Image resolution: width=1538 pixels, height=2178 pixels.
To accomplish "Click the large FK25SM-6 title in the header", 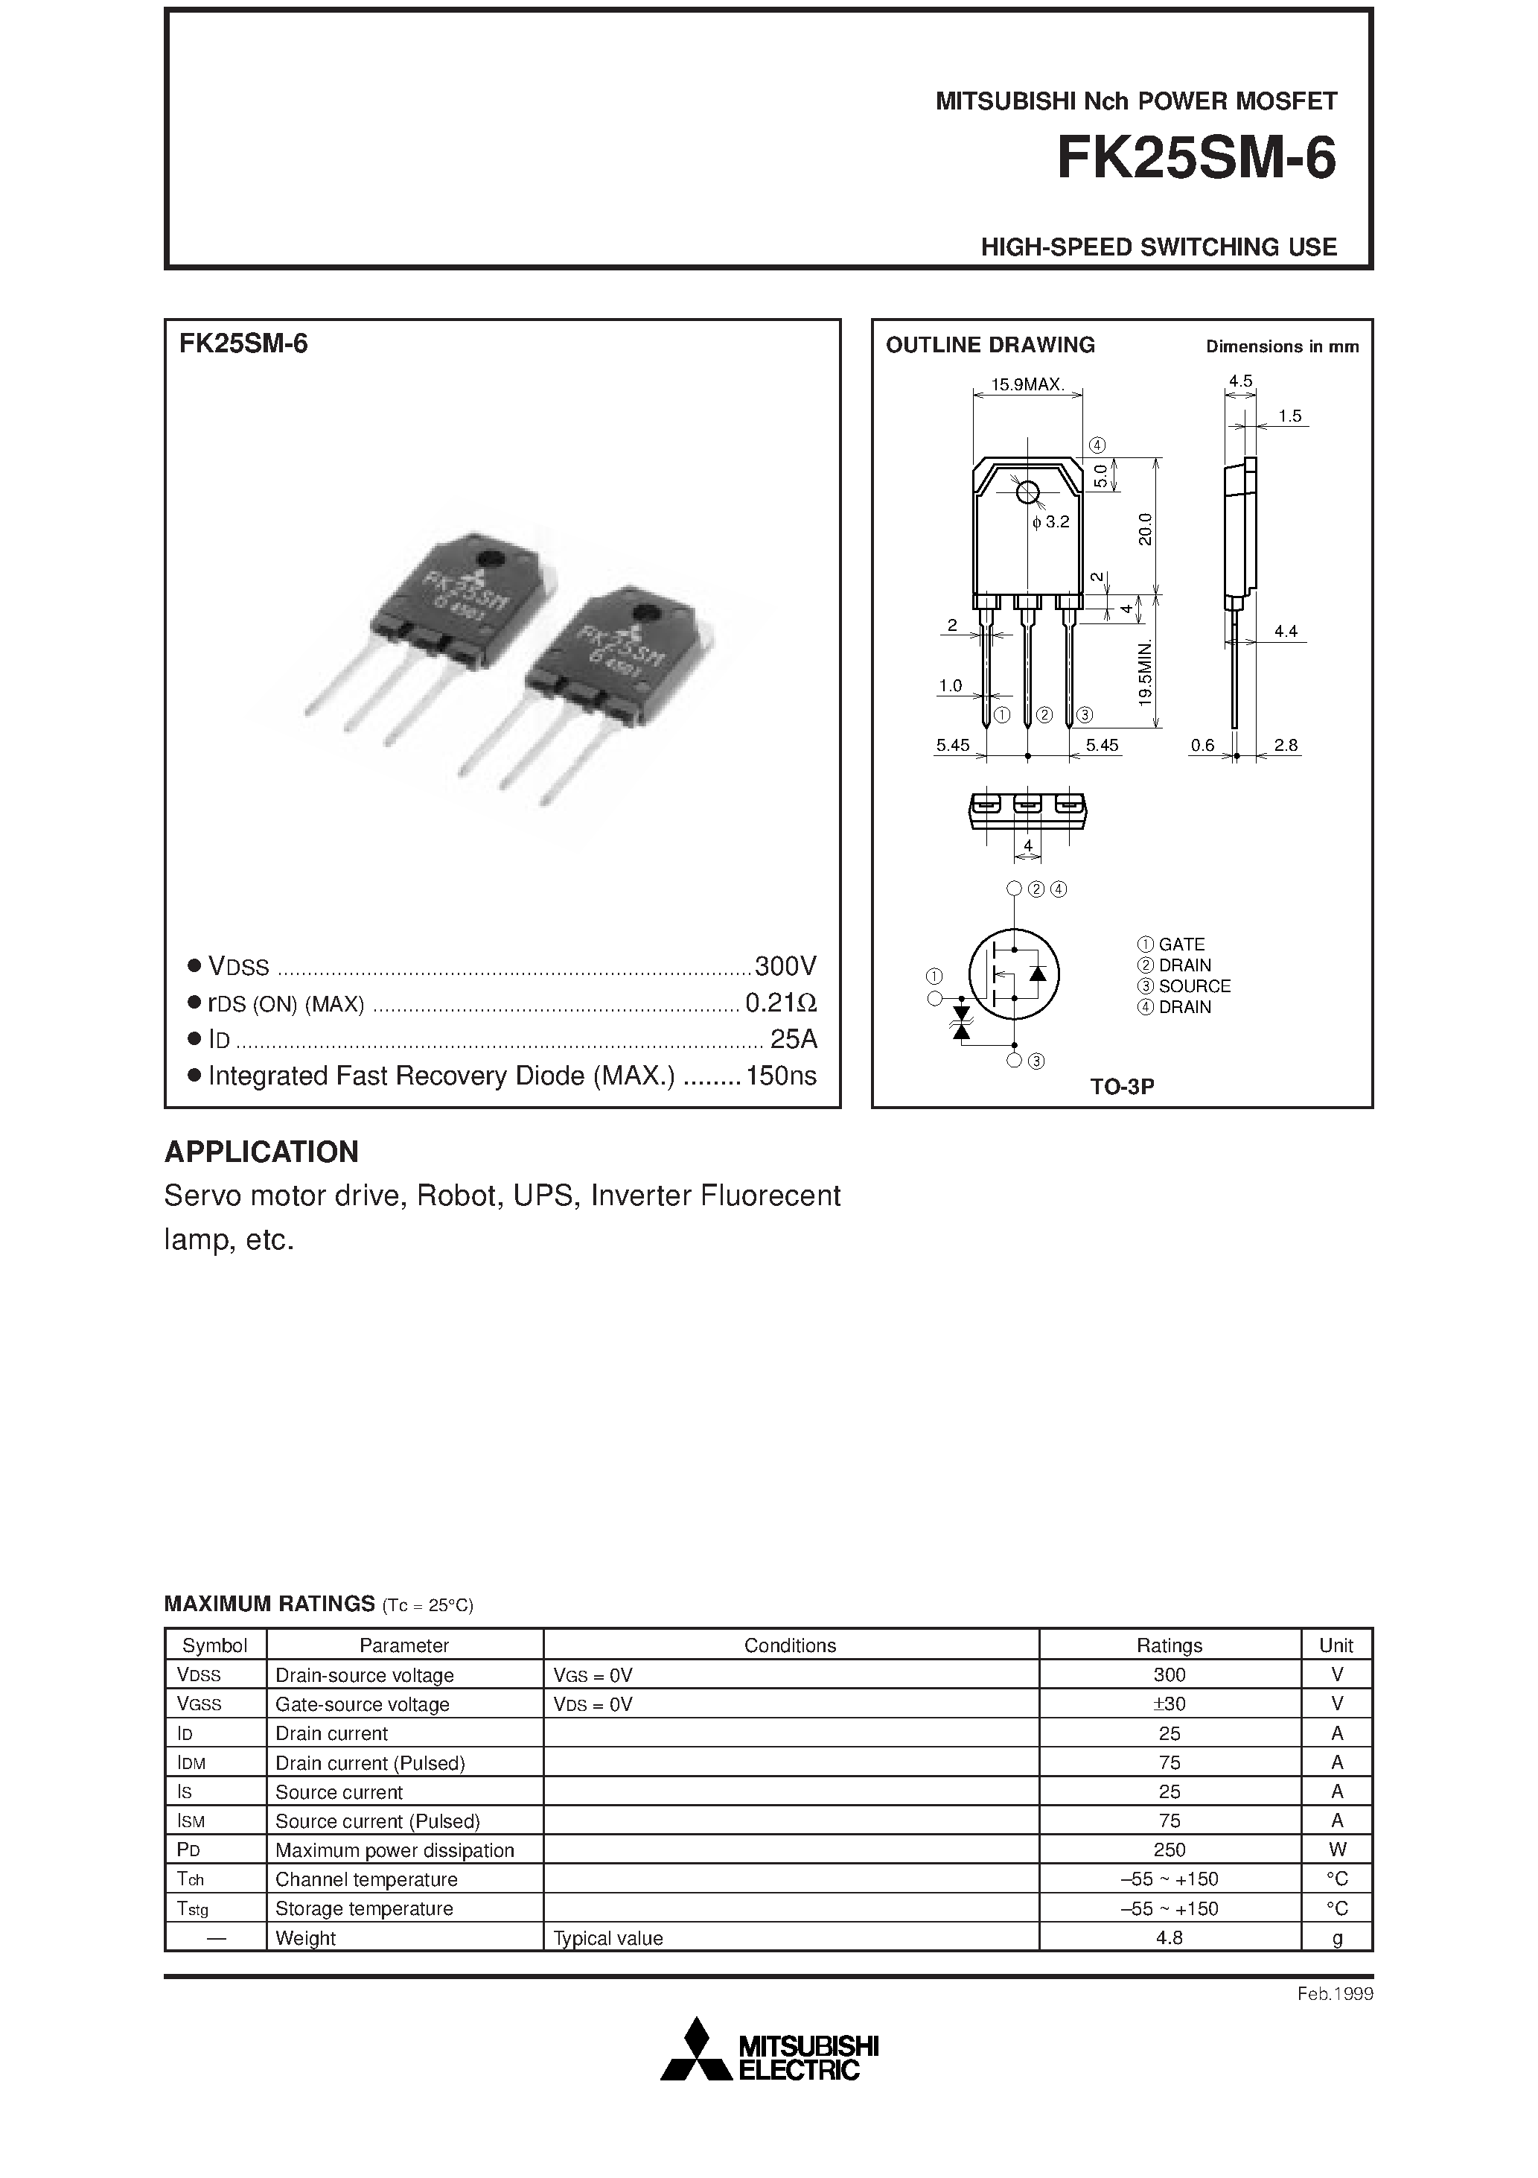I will [x=1196, y=159].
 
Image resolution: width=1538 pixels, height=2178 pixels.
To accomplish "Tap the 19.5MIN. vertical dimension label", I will [x=1146, y=673].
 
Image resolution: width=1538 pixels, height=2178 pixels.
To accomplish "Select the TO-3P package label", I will [x=1121, y=1087].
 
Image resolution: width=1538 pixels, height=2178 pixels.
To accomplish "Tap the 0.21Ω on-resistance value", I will [x=780, y=1003].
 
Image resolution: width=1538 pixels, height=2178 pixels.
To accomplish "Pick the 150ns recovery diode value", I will [x=780, y=1076].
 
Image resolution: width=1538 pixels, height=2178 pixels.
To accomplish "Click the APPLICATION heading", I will [x=262, y=1152].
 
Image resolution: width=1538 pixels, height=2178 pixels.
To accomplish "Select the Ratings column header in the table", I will [x=1170, y=1646].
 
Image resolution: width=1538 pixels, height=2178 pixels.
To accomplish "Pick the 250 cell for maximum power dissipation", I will [x=1170, y=1850].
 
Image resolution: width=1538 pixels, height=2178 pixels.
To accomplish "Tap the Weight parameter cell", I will [x=305, y=1938].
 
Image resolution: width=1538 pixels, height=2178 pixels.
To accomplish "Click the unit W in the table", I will [x=1337, y=1850].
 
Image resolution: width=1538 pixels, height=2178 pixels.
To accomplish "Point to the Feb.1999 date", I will [x=1335, y=1994].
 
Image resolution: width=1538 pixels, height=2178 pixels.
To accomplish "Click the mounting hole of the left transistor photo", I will [x=491, y=559].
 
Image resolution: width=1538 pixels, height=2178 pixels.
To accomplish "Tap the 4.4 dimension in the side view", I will [x=1285, y=631].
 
